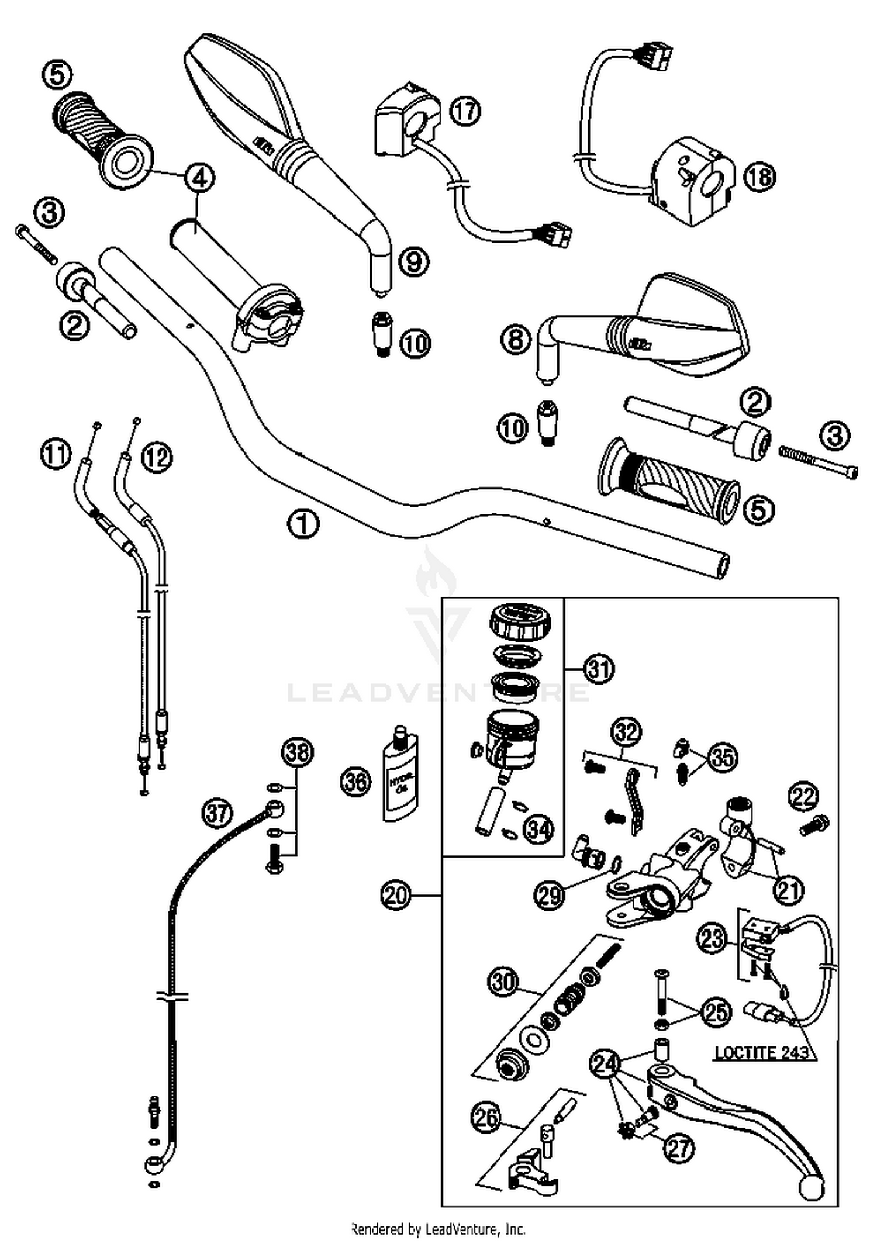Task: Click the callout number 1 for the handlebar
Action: pos(303,524)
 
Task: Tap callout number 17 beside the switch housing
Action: pos(465,111)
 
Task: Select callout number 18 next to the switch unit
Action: pos(759,176)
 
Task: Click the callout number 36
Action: pos(356,782)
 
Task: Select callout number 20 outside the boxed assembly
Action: pos(396,895)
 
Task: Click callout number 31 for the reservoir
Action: pos(599,669)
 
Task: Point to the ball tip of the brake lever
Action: pos(812,1187)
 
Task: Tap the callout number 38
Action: pos(297,752)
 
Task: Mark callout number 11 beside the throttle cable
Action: pos(56,454)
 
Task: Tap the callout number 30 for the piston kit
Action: pos(504,983)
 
